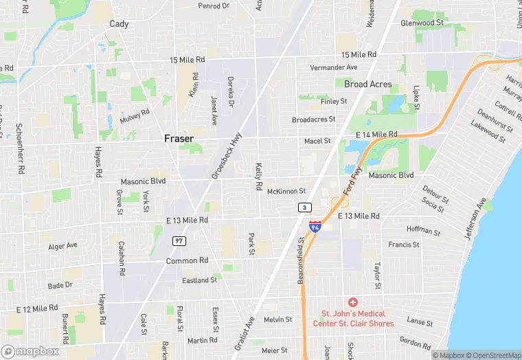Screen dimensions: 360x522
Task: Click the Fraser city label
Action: click(179, 138)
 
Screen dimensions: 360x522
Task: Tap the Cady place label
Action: click(119, 23)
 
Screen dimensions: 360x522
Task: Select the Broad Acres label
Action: click(368, 85)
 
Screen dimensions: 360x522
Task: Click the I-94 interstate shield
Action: click(315, 226)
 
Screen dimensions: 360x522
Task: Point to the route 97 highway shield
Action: click(179, 240)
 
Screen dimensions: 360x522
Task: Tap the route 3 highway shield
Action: click(304, 207)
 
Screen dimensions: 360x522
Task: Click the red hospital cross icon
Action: click(353, 302)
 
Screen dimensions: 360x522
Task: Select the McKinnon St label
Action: click(286, 191)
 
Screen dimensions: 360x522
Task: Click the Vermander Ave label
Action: click(334, 67)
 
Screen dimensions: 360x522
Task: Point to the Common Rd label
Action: click(187, 261)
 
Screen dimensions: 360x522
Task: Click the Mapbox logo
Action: click(30, 351)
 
